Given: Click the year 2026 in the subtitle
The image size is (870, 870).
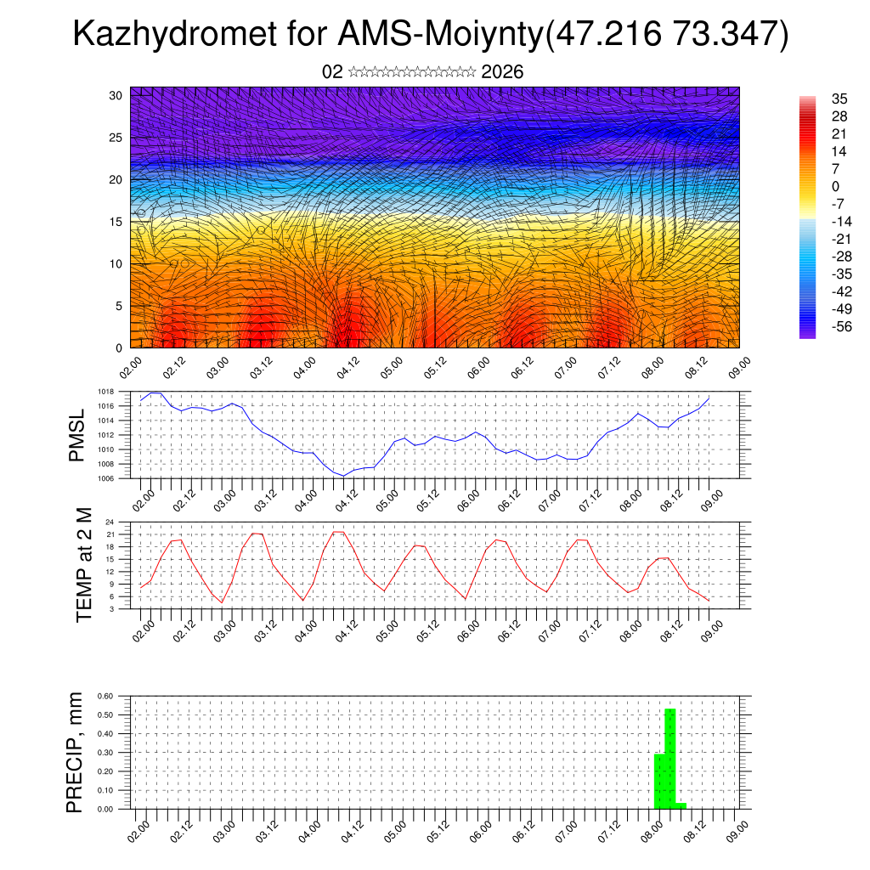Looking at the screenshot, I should tap(502, 72).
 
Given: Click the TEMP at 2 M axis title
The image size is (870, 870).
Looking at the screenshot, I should tap(83, 564).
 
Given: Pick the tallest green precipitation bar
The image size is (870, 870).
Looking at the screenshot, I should tap(669, 758).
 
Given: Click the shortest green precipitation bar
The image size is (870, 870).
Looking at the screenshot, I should tap(681, 805).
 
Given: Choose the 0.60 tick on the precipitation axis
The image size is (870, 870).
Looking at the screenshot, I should tap(105, 696).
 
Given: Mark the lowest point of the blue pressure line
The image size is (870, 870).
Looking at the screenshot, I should tap(344, 476).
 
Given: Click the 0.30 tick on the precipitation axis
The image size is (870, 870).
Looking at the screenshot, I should tap(105, 753).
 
